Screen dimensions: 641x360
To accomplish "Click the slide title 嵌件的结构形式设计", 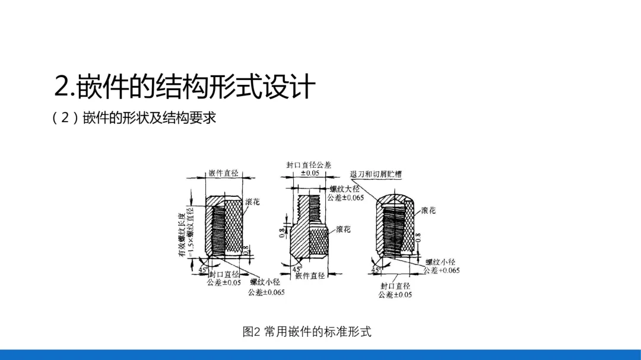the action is [184, 87].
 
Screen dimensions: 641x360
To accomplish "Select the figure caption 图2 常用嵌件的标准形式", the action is [307, 332].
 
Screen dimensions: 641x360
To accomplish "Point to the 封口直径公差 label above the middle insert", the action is [309, 165].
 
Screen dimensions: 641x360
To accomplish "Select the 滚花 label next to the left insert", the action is [252, 202].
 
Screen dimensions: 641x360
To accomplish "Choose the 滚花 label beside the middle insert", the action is [343, 229].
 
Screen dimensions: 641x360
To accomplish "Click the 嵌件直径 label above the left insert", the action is [223, 174].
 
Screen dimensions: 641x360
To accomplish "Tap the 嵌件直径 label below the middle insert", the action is [310, 276].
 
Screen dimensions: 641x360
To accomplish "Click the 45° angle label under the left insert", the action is [203, 269].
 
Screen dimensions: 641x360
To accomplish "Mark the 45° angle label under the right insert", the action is [375, 270].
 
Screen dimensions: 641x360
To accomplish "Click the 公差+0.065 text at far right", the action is [442, 270].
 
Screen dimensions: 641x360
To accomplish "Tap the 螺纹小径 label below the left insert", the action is [265, 283].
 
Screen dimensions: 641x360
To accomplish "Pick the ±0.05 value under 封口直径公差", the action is [309, 173].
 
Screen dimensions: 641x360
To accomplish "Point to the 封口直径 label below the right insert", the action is [395, 286].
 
